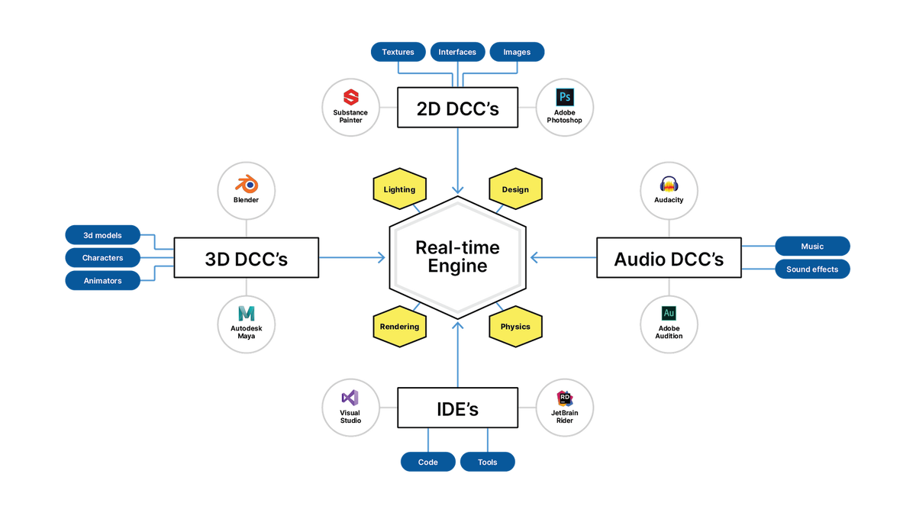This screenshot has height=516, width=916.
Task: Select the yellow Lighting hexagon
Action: click(x=399, y=189)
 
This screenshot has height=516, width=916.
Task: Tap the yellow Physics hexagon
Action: click(x=515, y=327)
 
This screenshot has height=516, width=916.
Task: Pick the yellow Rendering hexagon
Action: click(x=399, y=327)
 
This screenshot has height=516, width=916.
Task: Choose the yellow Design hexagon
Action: click(x=515, y=189)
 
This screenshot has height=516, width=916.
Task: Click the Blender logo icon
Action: click(x=246, y=183)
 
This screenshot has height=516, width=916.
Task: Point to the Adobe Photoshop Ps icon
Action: click(x=565, y=97)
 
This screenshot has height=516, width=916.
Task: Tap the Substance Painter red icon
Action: click(x=351, y=97)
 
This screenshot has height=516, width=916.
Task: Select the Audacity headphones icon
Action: click(x=669, y=184)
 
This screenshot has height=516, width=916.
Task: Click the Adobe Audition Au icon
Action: click(x=669, y=313)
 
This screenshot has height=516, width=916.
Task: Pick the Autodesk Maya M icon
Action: click(x=246, y=313)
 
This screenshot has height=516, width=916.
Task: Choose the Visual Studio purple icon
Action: click(x=350, y=398)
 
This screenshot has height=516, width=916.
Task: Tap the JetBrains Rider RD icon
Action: click(x=565, y=398)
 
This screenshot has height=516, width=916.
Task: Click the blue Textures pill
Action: click(x=398, y=52)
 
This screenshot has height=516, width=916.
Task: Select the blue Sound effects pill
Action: click(x=812, y=269)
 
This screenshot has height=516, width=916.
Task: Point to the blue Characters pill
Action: click(x=102, y=258)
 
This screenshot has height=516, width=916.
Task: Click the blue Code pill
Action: click(x=427, y=462)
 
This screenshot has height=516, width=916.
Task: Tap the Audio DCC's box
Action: click(x=669, y=260)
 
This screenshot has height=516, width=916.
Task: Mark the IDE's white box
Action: click(x=457, y=409)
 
